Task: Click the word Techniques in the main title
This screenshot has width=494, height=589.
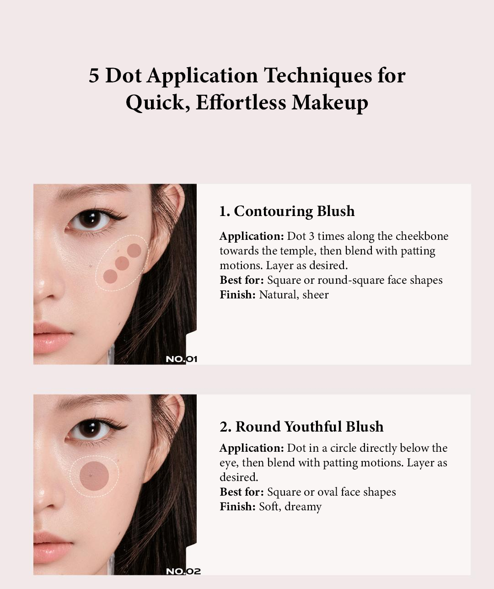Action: coord(318,76)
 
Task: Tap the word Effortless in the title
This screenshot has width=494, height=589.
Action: coord(241,102)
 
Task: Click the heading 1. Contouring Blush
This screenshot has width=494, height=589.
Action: coord(287,211)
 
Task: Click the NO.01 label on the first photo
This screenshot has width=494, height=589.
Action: coord(181,359)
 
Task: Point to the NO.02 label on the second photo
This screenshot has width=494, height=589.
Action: coord(183,571)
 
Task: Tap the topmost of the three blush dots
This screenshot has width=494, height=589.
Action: coord(134,250)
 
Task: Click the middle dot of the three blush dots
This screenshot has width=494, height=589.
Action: coord(122,264)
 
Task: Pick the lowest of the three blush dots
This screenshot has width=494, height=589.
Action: coord(110,276)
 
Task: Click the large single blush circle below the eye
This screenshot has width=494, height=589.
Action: coord(94,476)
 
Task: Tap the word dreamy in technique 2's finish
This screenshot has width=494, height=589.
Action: coord(303,507)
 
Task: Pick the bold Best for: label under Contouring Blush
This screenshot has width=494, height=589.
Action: coord(242,280)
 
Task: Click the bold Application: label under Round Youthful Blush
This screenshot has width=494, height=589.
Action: coord(252,448)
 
